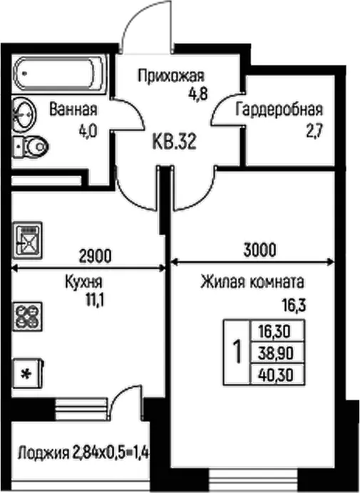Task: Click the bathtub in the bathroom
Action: (x=59, y=74)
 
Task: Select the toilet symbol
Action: (x=31, y=146)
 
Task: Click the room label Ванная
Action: (x=73, y=110)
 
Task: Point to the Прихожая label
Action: (x=171, y=76)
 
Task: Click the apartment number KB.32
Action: (x=174, y=142)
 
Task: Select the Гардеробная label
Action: (x=279, y=110)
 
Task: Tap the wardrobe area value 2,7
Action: (x=314, y=131)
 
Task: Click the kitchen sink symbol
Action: (x=27, y=241)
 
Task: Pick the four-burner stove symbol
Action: (x=27, y=316)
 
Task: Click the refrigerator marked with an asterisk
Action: (x=28, y=374)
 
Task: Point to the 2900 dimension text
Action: (x=95, y=256)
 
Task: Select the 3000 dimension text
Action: (x=259, y=250)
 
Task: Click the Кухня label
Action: (x=83, y=282)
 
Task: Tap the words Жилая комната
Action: (x=252, y=282)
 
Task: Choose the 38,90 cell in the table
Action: (x=276, y=353)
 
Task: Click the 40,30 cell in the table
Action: (x=276, y=375)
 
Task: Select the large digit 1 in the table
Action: (x=237, y=353)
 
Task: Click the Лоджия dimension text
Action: (x=83, y=454)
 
